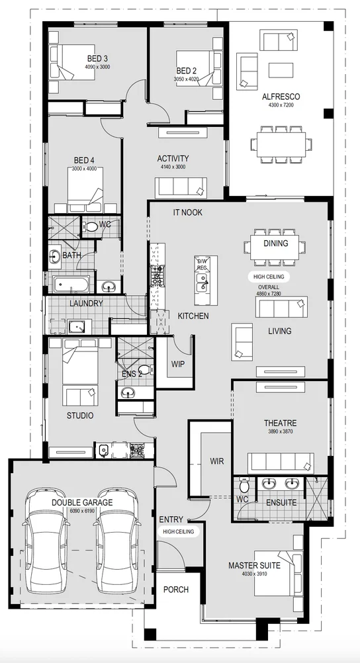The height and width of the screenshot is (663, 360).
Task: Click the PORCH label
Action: pyautogui.click(x=175, y=590)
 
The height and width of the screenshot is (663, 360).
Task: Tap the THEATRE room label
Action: pyautogui.click(x=281, y=423)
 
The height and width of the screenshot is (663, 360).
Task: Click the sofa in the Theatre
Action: pyautogui.click(x=281, y=462)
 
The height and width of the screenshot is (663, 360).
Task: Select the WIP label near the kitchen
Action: pyautogui.click(x=178, y=364)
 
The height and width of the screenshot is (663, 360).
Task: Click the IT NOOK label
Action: pyautogui.click(x=187, y=212)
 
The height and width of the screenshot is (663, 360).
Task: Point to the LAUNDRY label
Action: pyautogui.click(x=86, y=304)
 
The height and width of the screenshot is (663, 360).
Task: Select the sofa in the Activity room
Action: pyautogui.click(x=181, y=187)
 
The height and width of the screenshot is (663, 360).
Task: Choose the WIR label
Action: pyautogui.click(x=217, y=460)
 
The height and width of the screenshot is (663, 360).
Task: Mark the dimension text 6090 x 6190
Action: pyautogui.click(x=83, y=511)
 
